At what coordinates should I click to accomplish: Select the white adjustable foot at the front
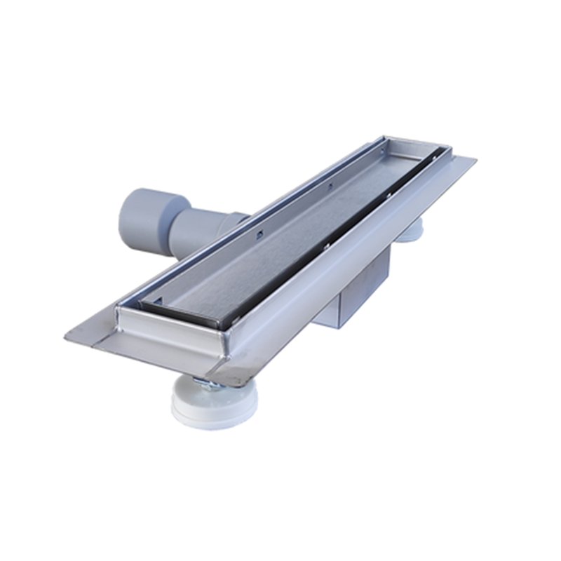click(215, 400)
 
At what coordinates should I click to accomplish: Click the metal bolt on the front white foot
click(203, 382)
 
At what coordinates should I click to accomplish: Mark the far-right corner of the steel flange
click(474, 161)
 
